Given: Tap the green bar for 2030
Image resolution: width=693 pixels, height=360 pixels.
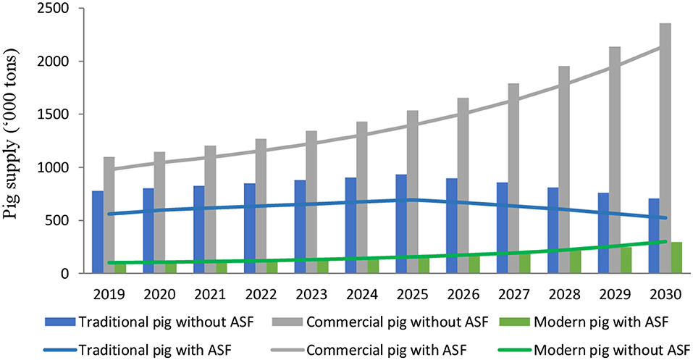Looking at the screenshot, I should [x=676, y=258].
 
